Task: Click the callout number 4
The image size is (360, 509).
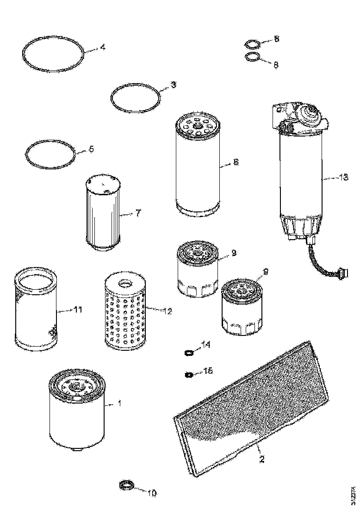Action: [x=102, y=47]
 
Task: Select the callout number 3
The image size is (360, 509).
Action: [x=173, y=85]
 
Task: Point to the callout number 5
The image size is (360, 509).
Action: [x=91, y=149]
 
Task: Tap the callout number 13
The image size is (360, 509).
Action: [x=343, y=177]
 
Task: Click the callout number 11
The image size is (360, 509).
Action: [x=78, y=310]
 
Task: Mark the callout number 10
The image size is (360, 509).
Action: [x=151, y=493]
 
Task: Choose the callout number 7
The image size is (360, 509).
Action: [x=137, y=213]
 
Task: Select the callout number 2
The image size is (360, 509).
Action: [x=261, y=459]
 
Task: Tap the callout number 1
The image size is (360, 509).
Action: [x=119, y=403]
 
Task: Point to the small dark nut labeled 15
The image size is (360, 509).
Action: [x=188, y=374]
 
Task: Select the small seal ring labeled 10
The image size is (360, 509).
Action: [x=126, y=486]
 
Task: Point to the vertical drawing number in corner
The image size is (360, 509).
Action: [x=354, y=493]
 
